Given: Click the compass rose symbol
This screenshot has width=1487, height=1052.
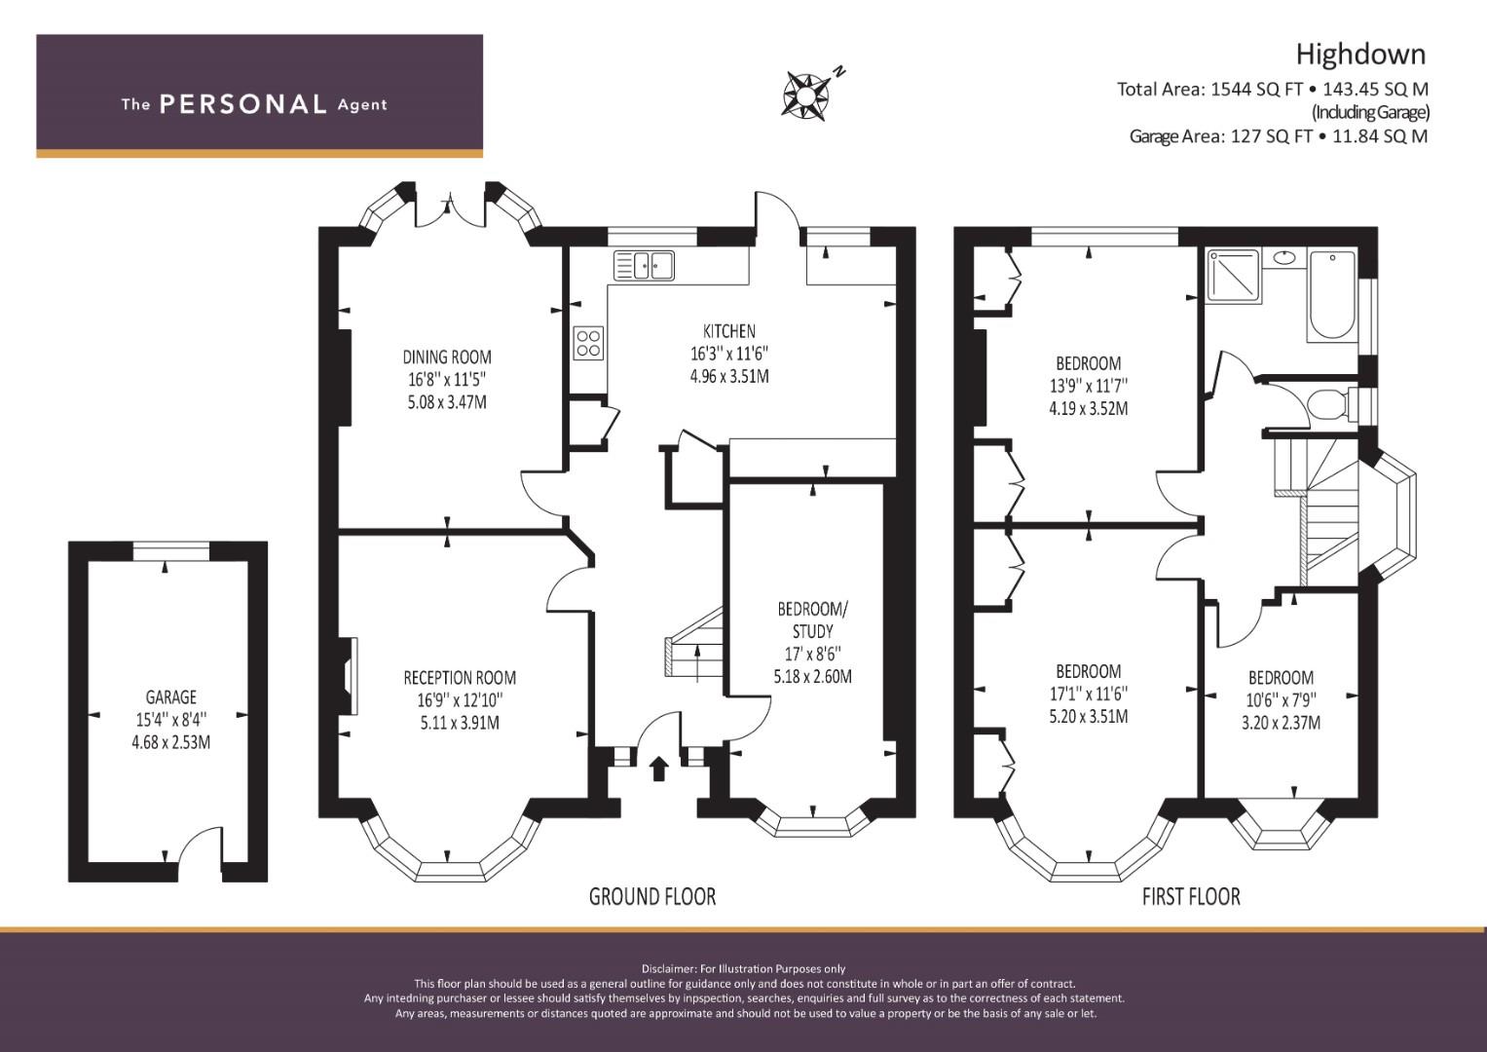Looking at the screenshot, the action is click(x=805, y=97).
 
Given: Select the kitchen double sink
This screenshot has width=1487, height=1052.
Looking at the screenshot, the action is click(x=644, y=265).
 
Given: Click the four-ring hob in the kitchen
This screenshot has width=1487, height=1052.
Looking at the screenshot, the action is click(x=589, y=343).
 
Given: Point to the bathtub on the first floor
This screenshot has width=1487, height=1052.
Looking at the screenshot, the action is click(x=1331, y=295).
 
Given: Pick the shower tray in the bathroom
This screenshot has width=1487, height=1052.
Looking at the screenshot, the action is click(x=1233, y=275).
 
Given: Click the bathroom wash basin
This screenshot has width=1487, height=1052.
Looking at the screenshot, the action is click(x=1284, y=257).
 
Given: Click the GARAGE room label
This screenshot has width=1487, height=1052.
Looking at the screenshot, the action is click(x=170, y=696).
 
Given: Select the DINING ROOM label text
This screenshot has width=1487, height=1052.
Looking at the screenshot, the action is click(x=447, y=357).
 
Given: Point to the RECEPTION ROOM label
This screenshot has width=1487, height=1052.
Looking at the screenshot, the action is click(x=460, y=677).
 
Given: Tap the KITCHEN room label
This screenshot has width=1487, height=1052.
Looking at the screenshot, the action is click(x=729, y=331).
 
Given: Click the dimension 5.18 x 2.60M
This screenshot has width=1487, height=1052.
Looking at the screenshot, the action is click(x=812, y=676).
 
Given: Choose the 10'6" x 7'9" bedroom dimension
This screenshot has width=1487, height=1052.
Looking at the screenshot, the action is click(x=1281, y=700).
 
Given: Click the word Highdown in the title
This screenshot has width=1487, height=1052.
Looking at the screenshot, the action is click(x=1360, y=55).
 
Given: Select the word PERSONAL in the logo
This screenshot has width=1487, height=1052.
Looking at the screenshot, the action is click(x=243, y=103).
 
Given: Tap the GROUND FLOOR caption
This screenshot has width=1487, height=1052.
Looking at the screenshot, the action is click(x=652, y=896).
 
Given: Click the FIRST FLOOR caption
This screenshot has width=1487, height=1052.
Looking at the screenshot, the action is click(x=1191, y=896).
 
